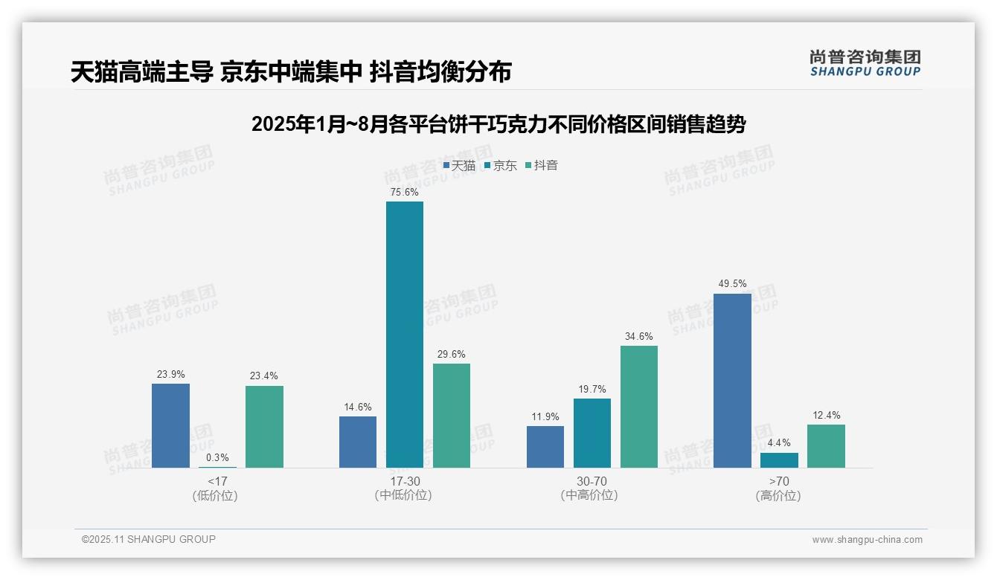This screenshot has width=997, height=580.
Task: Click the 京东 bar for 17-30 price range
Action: (404, 335)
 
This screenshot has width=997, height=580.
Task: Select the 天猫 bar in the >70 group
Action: (732, 381)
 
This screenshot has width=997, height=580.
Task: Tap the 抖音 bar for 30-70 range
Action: (638, 407)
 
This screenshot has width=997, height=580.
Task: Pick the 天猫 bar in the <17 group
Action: (170, 425)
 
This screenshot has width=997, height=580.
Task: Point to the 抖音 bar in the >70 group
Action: (826, 446)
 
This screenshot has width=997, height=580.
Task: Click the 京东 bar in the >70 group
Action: (779, 460)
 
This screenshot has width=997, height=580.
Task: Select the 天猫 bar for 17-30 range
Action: (358, 442)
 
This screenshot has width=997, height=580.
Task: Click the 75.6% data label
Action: (404, 193)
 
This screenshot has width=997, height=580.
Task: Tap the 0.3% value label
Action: (217, 458)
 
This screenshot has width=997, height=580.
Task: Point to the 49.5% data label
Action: (732, 284)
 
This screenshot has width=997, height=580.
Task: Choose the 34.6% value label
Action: (638, 337)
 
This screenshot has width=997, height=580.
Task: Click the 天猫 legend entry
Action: (460, 166)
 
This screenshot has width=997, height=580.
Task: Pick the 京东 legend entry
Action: (501, 166)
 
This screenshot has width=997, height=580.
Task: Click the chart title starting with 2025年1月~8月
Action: (499, 124)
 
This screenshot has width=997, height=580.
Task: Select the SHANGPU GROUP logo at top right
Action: (865, 63)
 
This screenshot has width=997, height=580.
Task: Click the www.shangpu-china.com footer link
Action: (867, 540)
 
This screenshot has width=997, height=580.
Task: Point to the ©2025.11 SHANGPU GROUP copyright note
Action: (149, 540)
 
